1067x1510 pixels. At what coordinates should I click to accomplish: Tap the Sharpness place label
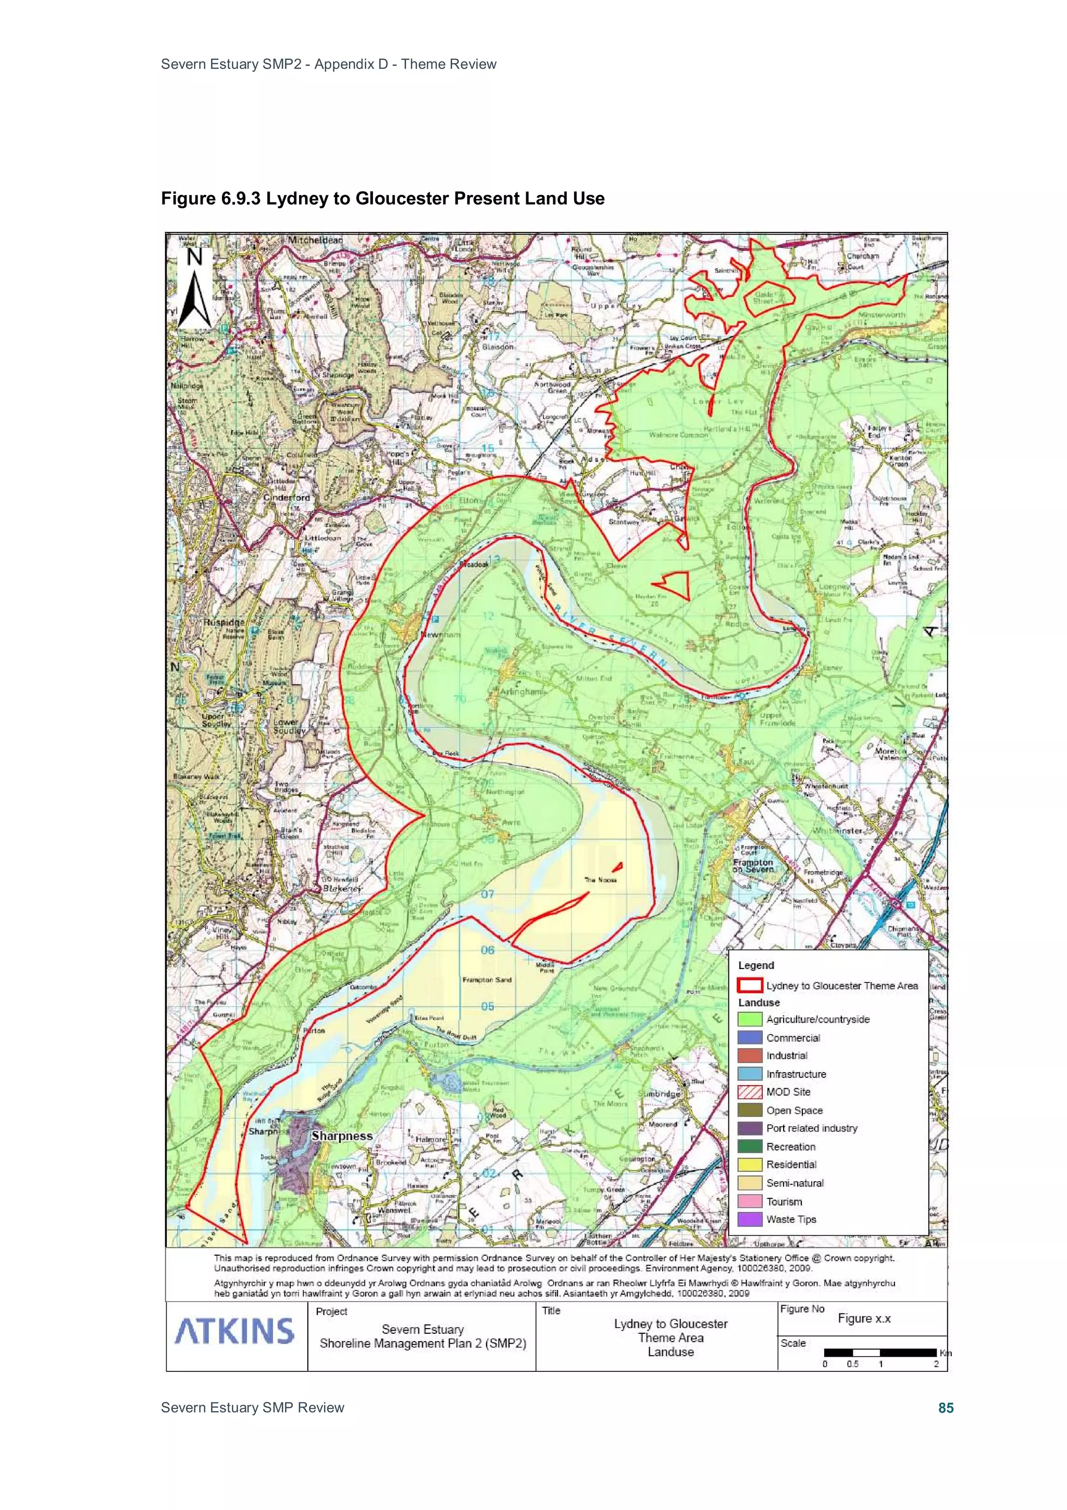tap(342, 1136)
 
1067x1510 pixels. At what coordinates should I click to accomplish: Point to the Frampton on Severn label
tap(754, 865)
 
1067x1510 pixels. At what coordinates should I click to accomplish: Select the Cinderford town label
tap(287, 498)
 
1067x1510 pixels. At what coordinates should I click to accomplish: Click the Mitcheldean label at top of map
tap(316, 240)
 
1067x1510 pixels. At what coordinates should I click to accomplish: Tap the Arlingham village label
tap(523, 692)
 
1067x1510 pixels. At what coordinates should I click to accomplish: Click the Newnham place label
tap(440, 635)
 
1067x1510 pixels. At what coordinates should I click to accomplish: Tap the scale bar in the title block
tap(879, 1352)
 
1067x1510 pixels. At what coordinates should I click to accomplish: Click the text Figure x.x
tap(864, 1318)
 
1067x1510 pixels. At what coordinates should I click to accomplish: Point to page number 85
tap(946, 1407)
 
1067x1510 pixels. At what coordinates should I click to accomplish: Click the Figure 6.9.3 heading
tap(382, 199)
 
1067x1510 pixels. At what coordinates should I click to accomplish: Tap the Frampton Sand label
tap(487, 980)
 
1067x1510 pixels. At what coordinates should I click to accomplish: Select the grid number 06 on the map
tap(487, 950)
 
